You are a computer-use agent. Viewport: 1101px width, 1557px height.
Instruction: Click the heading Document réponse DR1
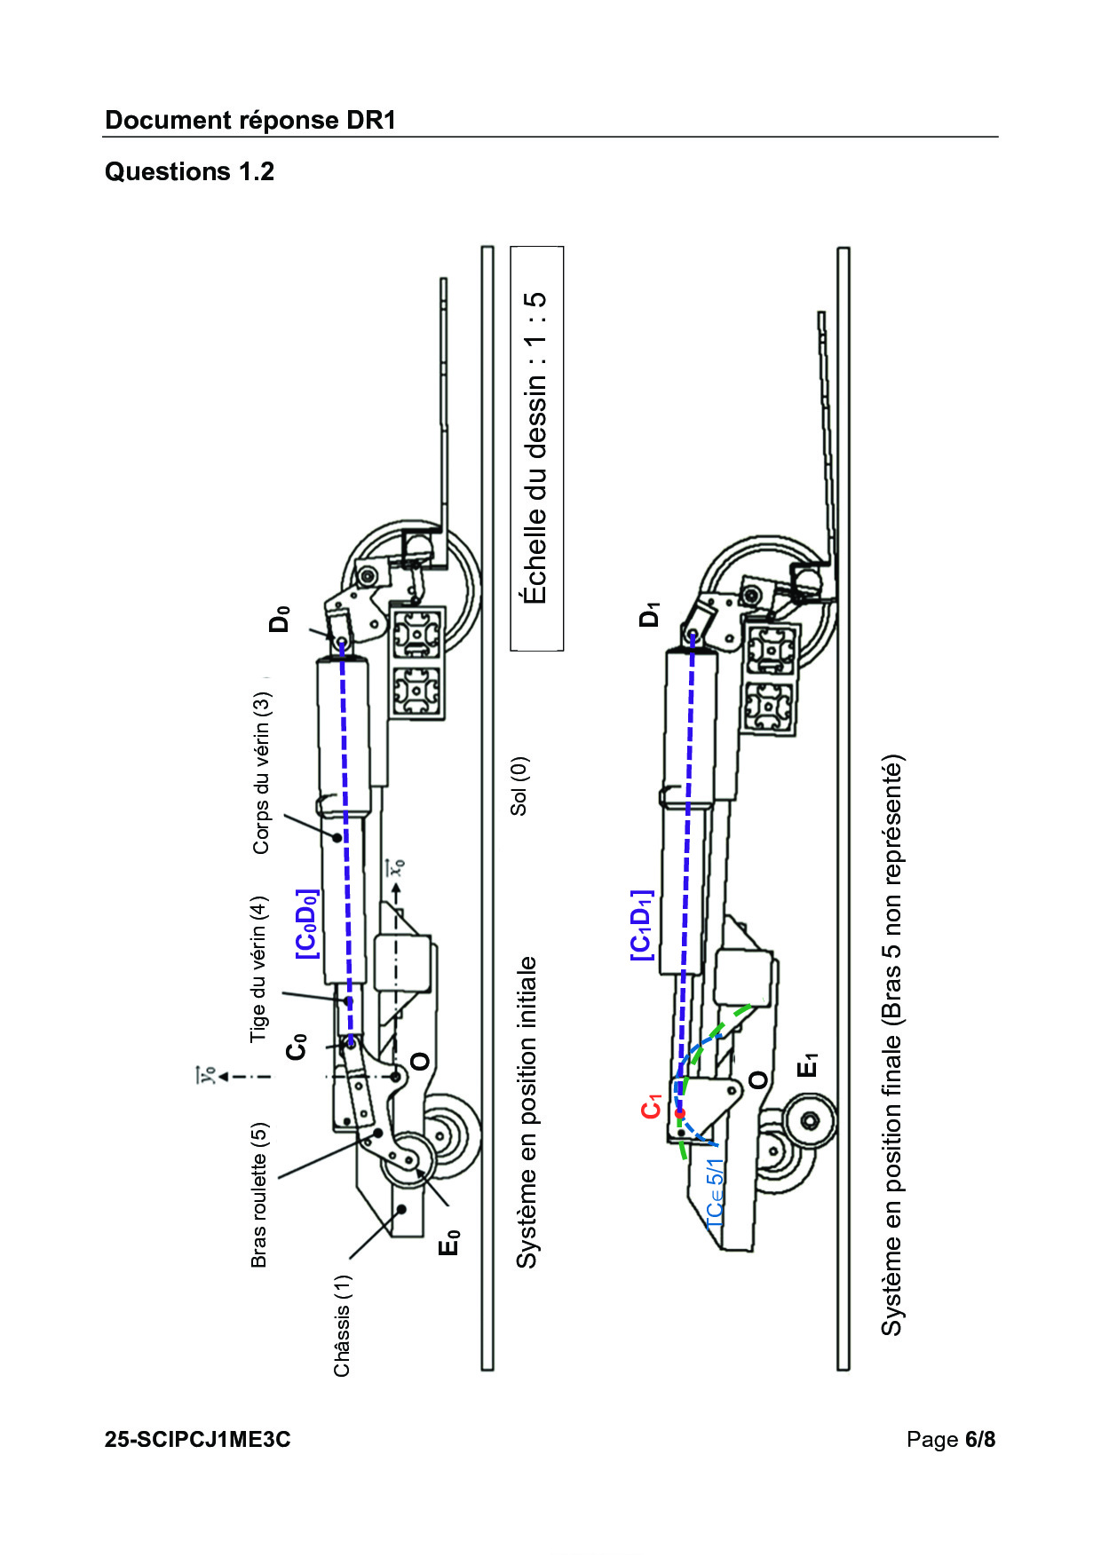(x=250, y=121)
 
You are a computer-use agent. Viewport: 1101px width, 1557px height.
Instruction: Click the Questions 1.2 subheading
(x=189, y=171)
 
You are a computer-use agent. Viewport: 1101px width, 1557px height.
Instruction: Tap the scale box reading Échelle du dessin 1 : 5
(x=536, y=448)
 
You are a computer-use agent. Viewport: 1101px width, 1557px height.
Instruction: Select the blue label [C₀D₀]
(x=306, y=924)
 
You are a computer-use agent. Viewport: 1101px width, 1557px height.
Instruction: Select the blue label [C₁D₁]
(x=641, y=925)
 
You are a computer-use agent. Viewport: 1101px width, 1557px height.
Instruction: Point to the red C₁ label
(x=652, y=1107)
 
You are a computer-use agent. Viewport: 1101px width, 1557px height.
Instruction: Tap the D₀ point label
(x=280, y=618)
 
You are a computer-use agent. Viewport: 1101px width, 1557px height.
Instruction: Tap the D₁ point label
(x=650, y=614)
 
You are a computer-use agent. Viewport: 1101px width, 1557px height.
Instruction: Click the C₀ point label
(x=297, y=1047)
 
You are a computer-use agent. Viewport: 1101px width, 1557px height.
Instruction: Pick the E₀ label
(x=450, y=1243)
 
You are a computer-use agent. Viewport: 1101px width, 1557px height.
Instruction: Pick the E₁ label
(x=807, y=1064)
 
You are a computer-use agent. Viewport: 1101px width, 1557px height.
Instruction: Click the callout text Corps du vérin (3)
(x=261, y=773)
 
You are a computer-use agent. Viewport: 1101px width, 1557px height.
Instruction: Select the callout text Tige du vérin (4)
(x=257, y=968)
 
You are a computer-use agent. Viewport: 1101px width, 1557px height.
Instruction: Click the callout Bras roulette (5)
(x=258, y=1195)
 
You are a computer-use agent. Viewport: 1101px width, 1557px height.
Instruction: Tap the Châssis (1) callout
(x=342, y=1325)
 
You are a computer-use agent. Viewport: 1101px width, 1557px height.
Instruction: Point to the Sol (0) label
(x=519, y=786)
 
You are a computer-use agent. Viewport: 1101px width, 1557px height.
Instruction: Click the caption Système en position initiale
(x=527, y=1112)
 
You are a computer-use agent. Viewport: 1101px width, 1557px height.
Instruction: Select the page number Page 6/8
(x=951, y=1439)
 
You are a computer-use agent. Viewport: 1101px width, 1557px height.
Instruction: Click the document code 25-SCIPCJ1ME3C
(x=197, y=1439)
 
